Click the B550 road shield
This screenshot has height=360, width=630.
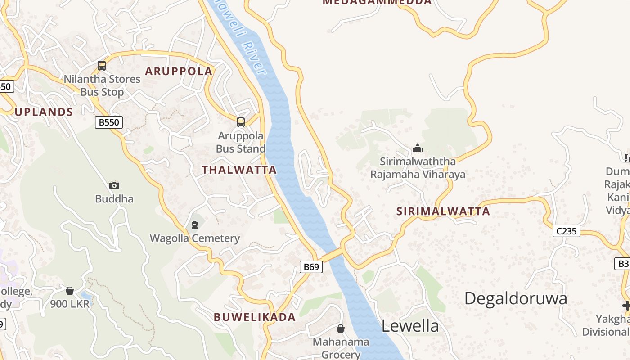point(109,122)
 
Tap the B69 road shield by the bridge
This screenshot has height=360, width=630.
point(311,267)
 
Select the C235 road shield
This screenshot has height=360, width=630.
point(566,231)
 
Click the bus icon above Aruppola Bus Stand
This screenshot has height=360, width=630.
point(241,122)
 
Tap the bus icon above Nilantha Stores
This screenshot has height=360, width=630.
point(102,66)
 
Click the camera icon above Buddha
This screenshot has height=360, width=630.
point(114,185)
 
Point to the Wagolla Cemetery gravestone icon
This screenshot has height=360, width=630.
point(195,225)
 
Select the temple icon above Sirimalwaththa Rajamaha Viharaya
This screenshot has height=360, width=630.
point(418,148)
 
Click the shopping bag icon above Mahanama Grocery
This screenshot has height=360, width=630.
point(341,328)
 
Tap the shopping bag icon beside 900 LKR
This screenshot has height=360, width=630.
point(70,291)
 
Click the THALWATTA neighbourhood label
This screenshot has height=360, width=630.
point(239,170)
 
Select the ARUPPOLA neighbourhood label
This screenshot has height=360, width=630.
point(179,71)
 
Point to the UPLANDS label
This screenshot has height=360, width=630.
point(44,112)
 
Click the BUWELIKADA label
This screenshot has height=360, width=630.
point(255,317)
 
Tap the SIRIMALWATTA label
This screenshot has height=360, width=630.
point(443,211)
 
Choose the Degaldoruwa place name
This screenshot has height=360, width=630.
point(515,298)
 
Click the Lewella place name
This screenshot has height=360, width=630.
point(410,326)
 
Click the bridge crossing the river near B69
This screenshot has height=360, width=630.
point(333,255)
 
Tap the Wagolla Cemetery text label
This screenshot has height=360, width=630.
point(195,238)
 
